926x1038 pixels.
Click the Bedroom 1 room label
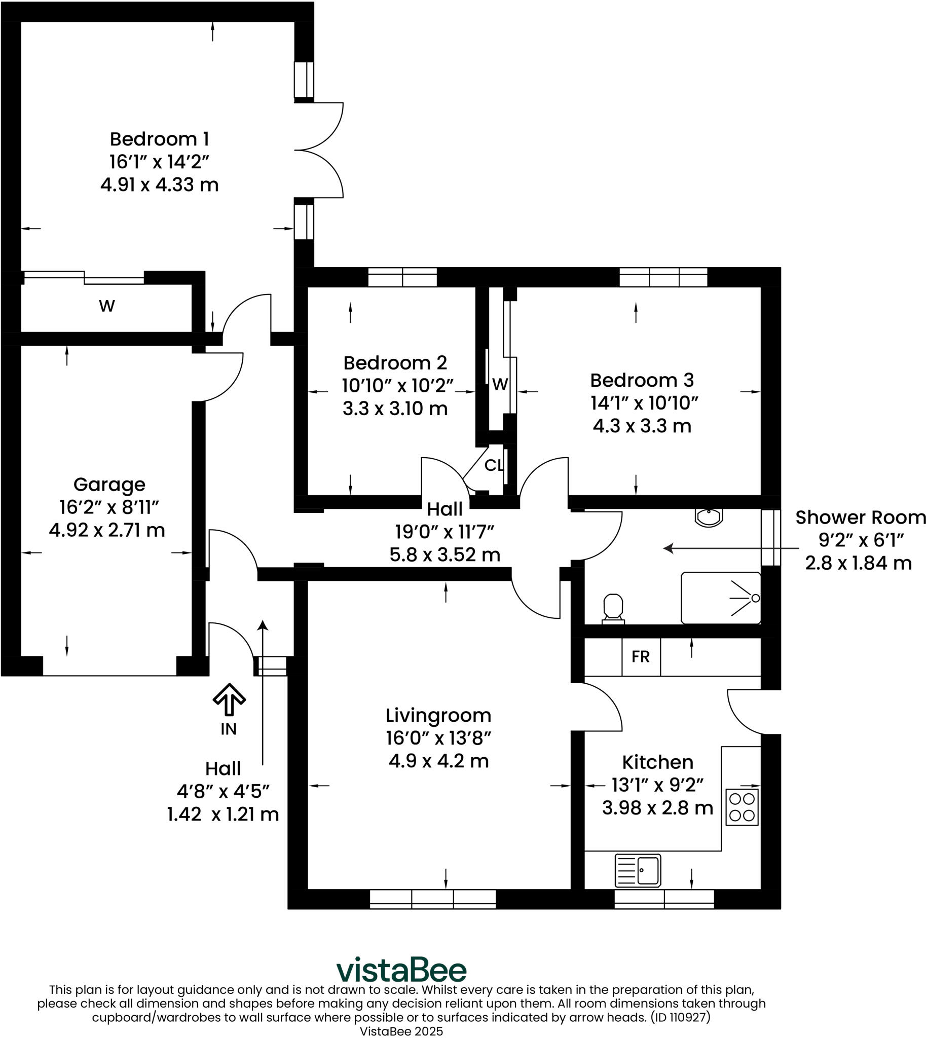click(159, 139)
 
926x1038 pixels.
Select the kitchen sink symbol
click(638, 870)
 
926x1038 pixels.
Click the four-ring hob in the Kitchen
click(742, 807)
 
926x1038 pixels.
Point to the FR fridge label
click(641, 657)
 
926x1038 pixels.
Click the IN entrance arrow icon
click(229, 699)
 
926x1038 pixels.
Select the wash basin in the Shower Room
click(709, 517)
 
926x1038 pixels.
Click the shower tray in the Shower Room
click(720, 598)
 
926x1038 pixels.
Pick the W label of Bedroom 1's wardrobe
click(107, 306)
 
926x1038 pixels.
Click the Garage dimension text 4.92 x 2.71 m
click(107, 530)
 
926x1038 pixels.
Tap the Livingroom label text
click(438, 716)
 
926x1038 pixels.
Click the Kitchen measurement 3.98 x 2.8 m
click(657, 808)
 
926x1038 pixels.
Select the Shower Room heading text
click(860, 517)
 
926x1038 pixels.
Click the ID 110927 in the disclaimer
click(677, 1017)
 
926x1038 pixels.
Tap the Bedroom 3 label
click(642, 380)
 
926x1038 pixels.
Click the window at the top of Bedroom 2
click(402, 277)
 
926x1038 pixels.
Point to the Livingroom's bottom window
click(432, 899)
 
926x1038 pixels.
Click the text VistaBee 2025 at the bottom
click(401, 1031)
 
